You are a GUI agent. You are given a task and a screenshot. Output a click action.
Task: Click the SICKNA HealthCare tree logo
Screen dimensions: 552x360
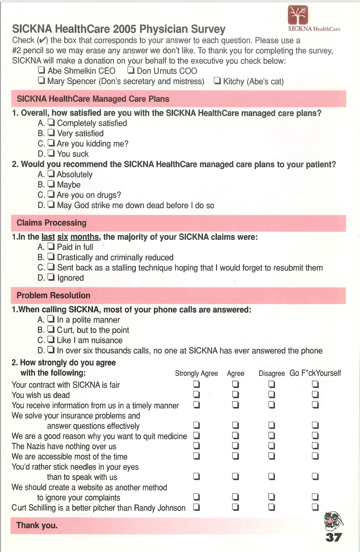(298, 15)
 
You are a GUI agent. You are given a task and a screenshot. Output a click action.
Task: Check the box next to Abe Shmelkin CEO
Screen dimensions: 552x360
(41, 70)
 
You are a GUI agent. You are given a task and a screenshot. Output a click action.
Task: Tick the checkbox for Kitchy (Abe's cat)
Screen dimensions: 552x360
(217, 80)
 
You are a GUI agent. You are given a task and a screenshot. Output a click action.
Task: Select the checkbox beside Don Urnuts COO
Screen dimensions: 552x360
(131, 70)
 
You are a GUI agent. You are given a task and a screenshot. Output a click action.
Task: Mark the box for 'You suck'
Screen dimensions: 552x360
(51, 153)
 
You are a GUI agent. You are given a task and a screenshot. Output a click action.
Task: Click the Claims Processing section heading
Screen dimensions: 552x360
(52, 223)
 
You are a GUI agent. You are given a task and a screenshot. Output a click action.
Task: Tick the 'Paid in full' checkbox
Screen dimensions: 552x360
(51, 246)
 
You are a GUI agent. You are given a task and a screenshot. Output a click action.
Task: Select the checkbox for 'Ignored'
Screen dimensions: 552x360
(51, 277)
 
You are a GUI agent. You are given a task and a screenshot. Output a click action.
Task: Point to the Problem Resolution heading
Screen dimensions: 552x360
(53, 296)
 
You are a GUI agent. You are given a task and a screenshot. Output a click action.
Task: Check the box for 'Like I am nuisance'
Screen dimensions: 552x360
(51, 339)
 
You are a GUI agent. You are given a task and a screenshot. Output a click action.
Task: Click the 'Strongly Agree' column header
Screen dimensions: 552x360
(196, 373)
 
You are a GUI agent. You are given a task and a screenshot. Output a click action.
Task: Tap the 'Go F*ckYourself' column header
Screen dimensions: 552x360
(315, 373)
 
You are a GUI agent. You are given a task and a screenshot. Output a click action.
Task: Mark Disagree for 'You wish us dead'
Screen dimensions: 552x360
(271, 394)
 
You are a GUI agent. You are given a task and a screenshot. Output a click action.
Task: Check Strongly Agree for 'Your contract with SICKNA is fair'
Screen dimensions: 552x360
(196, 384)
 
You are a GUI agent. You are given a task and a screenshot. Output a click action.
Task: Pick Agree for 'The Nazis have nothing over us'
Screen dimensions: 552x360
(235, 446)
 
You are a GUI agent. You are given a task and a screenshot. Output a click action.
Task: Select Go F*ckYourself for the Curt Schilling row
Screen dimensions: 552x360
(315, 507)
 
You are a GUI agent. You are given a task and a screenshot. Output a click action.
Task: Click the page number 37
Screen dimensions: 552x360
(334, 537)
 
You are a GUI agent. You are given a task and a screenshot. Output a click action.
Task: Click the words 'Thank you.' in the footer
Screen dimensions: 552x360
(37, 526)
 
